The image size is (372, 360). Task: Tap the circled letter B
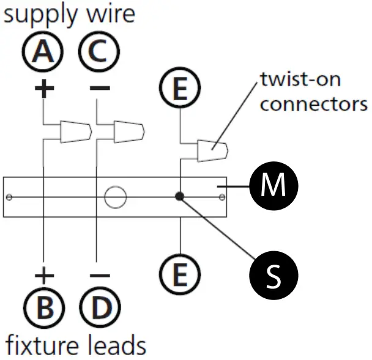[x=43, y=307]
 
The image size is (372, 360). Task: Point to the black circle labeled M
[x=273, y=184]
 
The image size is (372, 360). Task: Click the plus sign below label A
[x=43, y=89]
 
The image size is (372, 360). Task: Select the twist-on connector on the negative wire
[x=129, y=131]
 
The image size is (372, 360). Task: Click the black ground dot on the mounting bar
[x=179, y=196]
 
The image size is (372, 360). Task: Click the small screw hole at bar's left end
[x=9, y=197]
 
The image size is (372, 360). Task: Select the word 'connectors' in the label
[x=313, y=103]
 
